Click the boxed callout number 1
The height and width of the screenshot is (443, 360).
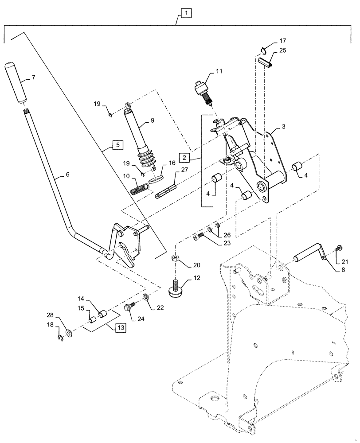pyautogui.click(x=187, y=14)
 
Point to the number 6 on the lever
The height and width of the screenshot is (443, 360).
pyautogui.click(x=67, y=175)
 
